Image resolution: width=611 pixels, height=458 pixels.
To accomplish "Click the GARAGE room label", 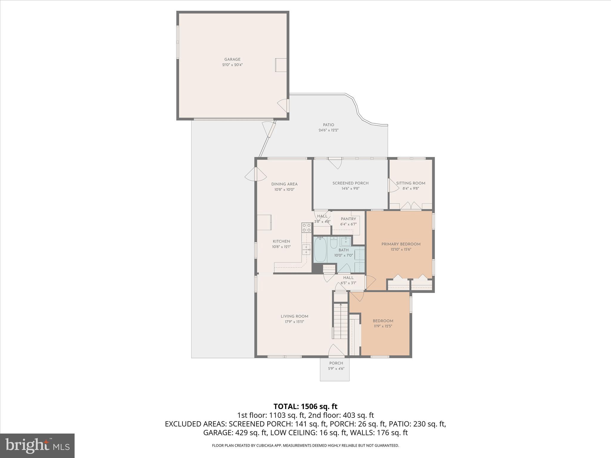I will pyautogui.click(x=232, y=59).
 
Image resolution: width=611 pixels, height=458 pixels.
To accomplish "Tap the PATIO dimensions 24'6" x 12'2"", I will pyautogui.click(x=328, y=130).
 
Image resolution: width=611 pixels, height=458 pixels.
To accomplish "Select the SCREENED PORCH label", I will pyautogui.click(x=350, y=183).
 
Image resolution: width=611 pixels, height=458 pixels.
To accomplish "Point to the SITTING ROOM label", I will pyautogui.click(x=411, y=183).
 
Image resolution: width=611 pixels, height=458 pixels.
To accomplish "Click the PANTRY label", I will pyautogui.click(x=348, y=219).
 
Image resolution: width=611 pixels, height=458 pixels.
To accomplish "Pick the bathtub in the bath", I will pyautogui.click(x=320, y=250).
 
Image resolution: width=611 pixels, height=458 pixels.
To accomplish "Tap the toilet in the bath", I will pyautogui.click(x=334, y=242).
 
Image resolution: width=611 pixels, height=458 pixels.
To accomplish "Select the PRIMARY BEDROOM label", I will pyautogui.click(x=401, y=244).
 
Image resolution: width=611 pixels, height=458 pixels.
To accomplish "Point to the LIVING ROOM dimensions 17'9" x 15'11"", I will pyautogui.click(x=294, y=322).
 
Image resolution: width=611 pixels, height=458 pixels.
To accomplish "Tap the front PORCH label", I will pyautogui.click(x=336, y=363).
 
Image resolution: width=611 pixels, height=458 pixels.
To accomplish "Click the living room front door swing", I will pyautogui.click(x=336, y=350).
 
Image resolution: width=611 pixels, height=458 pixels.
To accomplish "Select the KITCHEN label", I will pyautogui.click(x=281, y=241).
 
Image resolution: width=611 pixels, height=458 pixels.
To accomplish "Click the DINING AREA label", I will pyautogui.click(x=284, y=184).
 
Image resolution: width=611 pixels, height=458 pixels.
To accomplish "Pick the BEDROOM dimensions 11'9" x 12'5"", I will pyautogui.click(x=383, y=326).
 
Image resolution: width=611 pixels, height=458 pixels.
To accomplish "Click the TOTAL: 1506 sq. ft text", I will pyautogui.click(x=305, y=406).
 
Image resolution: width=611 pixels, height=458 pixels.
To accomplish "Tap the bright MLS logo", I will pyautogui.click(x=37, y=445).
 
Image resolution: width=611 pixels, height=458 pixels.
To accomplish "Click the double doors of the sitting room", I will pyautogui.click(x=411, y=206).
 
